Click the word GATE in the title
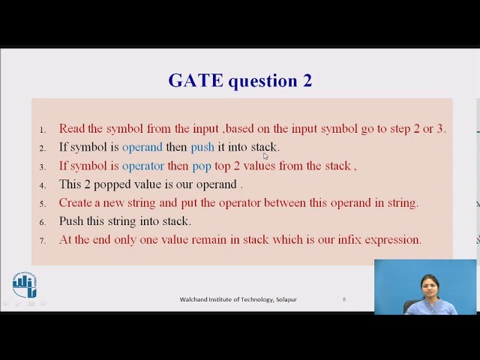195,81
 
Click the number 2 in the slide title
307,81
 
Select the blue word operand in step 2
142,147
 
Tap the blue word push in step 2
202,147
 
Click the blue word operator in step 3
142,166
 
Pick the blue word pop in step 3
202,166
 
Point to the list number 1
43,130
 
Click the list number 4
43,185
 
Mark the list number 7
43,241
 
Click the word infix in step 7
350,239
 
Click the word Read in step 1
72,128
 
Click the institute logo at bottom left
25,285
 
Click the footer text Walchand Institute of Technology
225,299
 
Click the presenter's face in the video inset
429,286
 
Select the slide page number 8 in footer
344,299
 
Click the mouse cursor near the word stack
265,156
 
